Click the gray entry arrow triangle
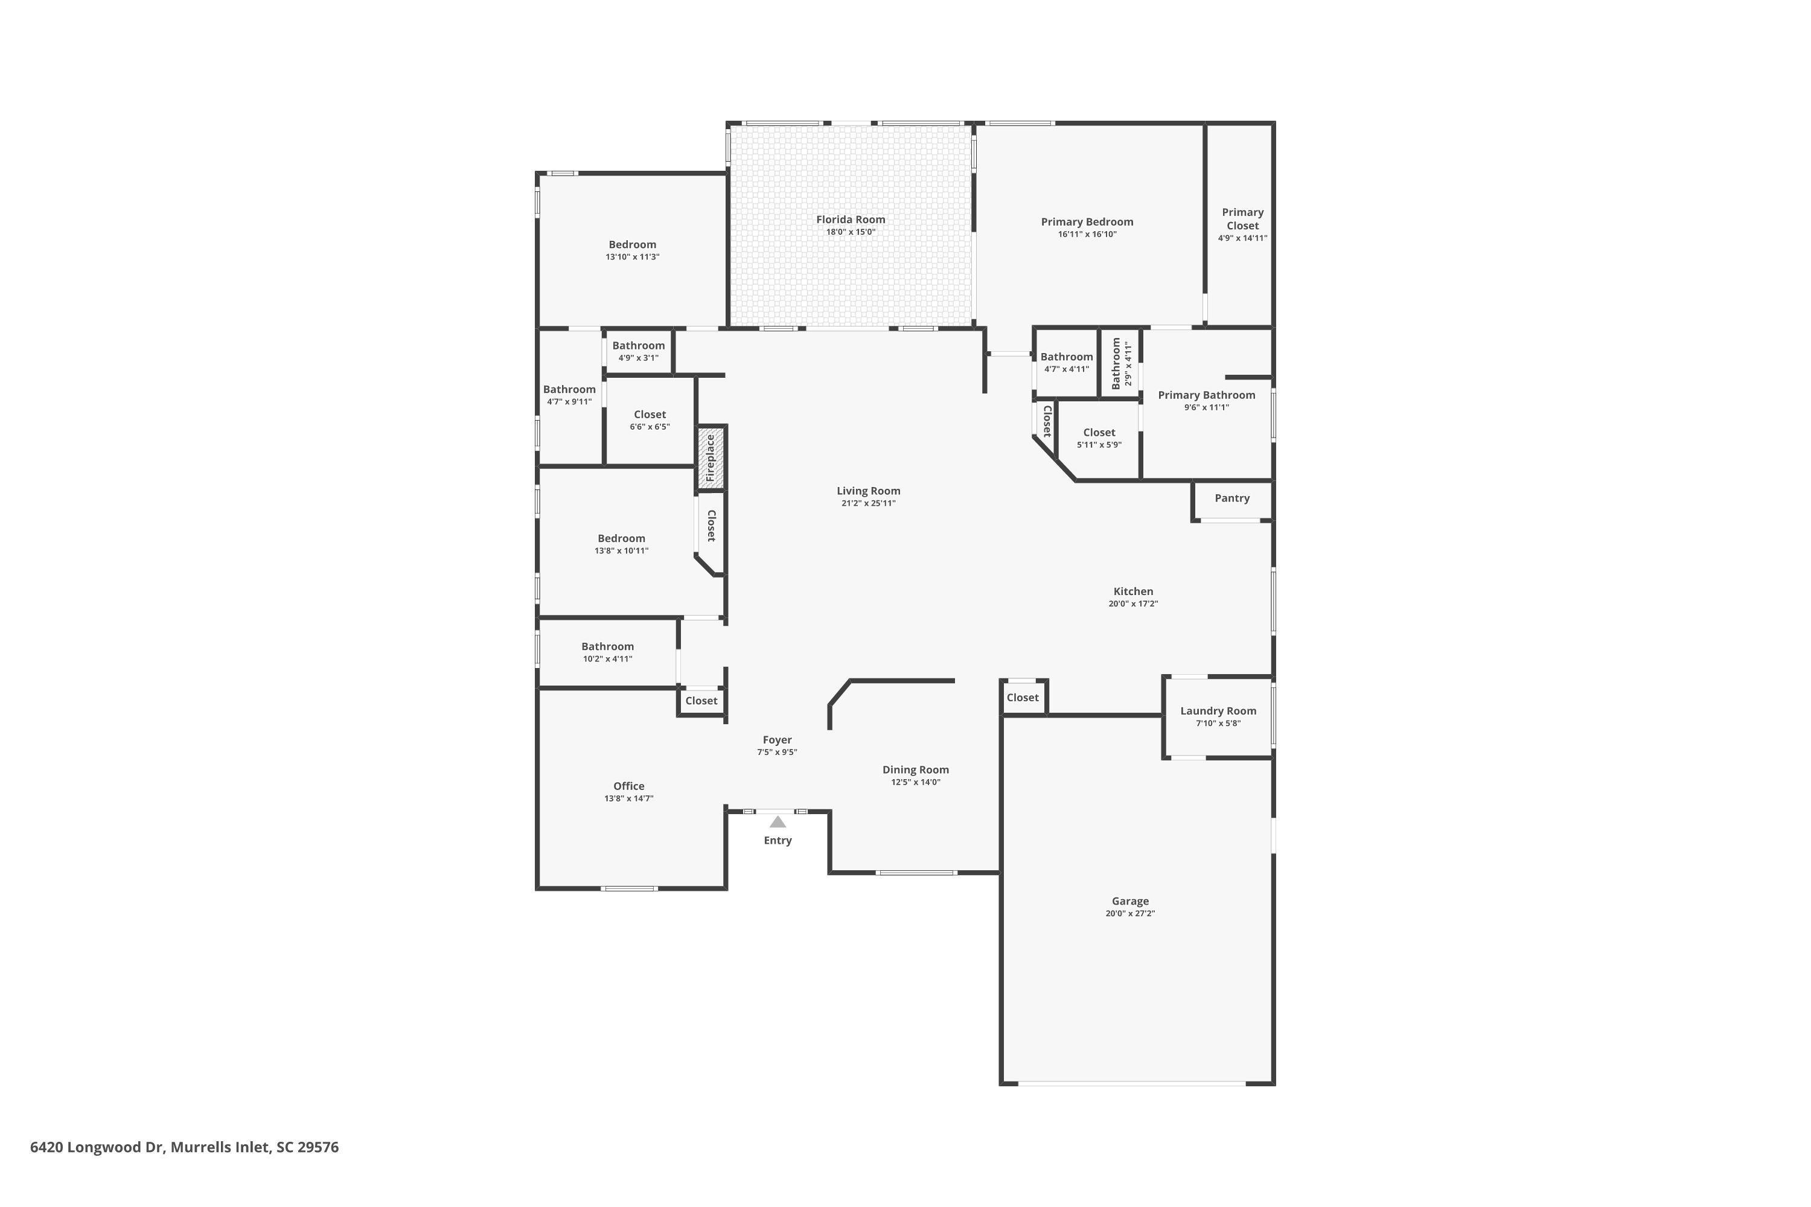pyautogui.click(x=778, y=822)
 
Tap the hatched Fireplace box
pyautogui.click(x=711, y=458)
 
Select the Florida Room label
pyautogui.click(x=851, y=220)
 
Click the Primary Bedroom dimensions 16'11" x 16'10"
pyautogui.click(x=1087, y=234)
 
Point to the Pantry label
pyautogui.click(x=1232, y=498)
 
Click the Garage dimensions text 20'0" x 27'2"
pyautogui.click(x=1130, y=914)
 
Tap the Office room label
pyautogui.click(x=629, y=786)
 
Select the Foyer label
pyautogui.click(x=777, y=740)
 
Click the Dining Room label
pyautogui.click(x=916, y=770)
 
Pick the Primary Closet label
pyautogui.click(x=1243, y=218)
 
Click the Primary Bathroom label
pyautogui.click(x=1207, y=395)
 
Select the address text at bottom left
pyautogui.click(x=184, y=1148)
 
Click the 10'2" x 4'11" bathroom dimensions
pyautogui.click(x=607, y=659)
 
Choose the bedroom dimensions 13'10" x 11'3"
pyautogui.click(x=632, y=257)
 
